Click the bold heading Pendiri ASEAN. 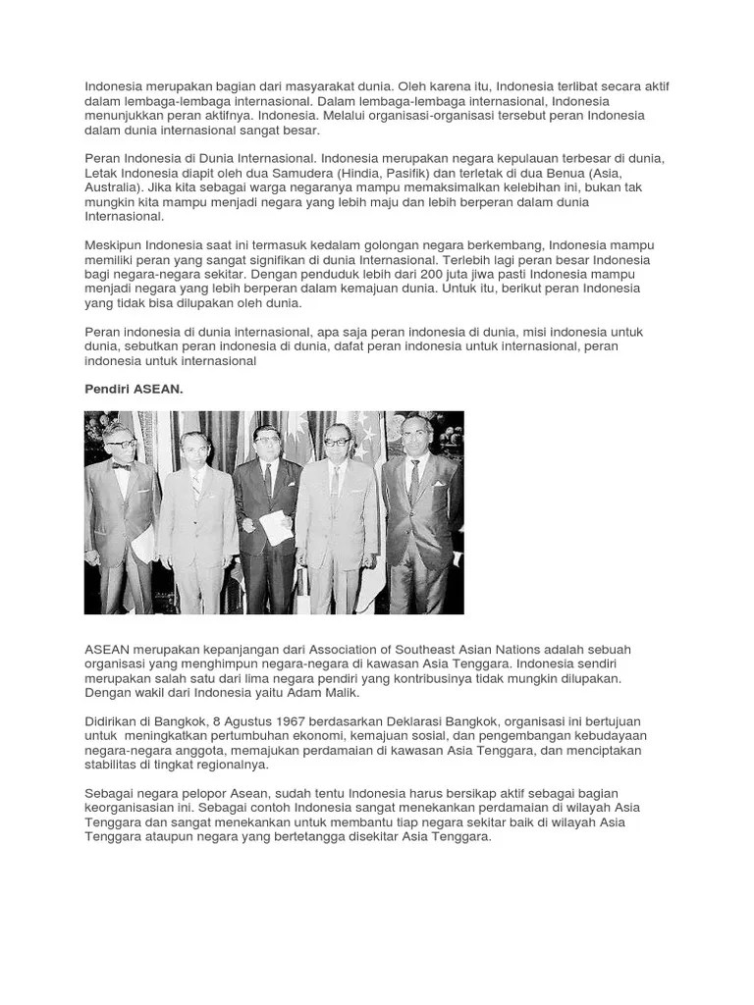coord(134,390)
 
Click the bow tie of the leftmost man coord(121,467)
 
